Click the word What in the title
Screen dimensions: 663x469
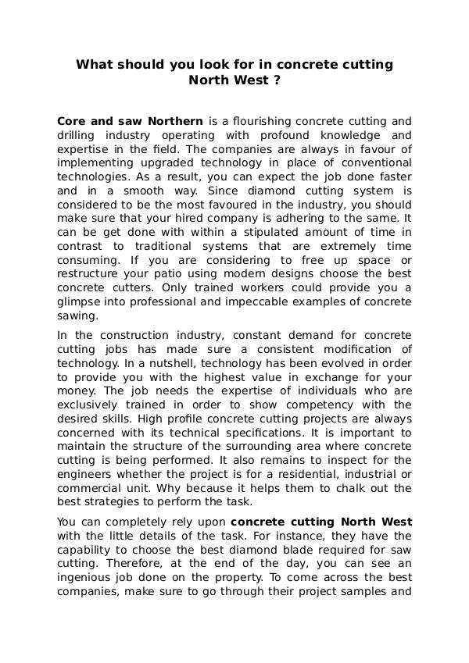point(94,64)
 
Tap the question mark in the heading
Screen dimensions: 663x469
point(277,79)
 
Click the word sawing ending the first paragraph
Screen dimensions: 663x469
point(77,315)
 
